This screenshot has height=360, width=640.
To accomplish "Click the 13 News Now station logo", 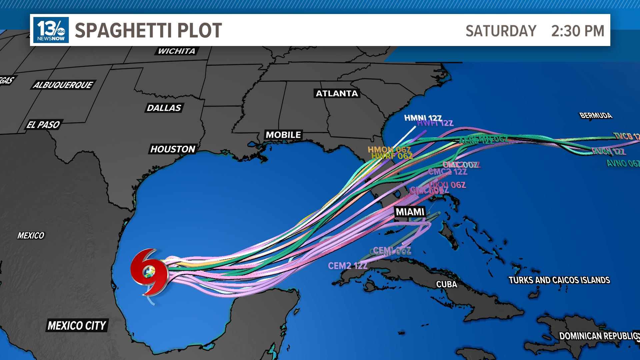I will pyautogui.click(x=51, y=30).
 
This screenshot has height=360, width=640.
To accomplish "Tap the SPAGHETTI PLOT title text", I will pyautogui.click(x=148, y=30).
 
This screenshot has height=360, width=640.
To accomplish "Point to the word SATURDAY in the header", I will pyautogui.click(x=501, y=31).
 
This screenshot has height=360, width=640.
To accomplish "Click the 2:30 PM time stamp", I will pyautogui.click(x=578, y=31).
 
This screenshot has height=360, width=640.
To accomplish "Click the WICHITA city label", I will pyautogui.click(x=177, y=51).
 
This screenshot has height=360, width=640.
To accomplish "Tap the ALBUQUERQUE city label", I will pyautogui.click(x=63, y=85).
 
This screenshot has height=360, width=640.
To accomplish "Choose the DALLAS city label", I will pyautogui.click(x=164, y=108).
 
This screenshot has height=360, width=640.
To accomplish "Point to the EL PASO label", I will pyautogui.click(x=43, y=125).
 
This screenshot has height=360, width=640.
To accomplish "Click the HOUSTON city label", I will pyautogui.click(x=173, y=149).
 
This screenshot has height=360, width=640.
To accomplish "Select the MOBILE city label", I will pyautogui.click(x=283, y=135).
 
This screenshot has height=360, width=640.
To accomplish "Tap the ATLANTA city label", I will pyautogui.click(x=337, y=93).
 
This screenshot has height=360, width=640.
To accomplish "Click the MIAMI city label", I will pyautogui.click(x=410, y=212).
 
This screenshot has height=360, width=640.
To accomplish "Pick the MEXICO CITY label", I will pyautogui.click(x=77, y=325).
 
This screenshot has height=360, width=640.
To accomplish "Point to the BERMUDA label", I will pyautogui.click(x=596, y=115).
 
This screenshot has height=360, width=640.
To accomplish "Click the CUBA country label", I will pyautogui.click(x=447, y=284).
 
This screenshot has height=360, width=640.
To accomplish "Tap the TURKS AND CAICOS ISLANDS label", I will pyautogui.click(x=559, y=280).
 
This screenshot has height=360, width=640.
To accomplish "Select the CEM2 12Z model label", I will pyautogui.click(x=348, y=266).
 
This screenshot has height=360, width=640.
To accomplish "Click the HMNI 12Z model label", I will pyautogui.click(x=423, y=118).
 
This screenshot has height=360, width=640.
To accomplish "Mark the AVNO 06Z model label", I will pyautogui.click(x=623, y=163).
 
